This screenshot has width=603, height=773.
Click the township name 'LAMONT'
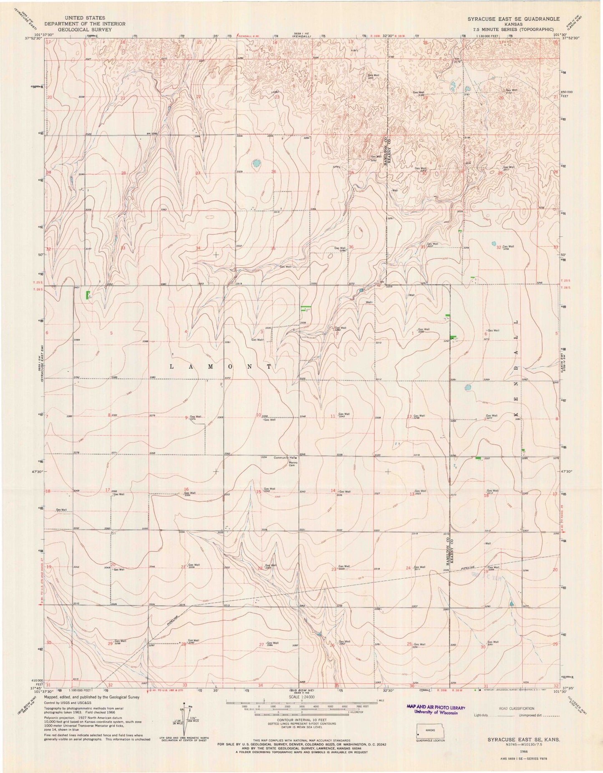[221, 366]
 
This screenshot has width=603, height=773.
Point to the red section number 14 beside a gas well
[333, 490]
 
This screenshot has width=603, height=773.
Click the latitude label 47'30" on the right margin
[566, 471]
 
